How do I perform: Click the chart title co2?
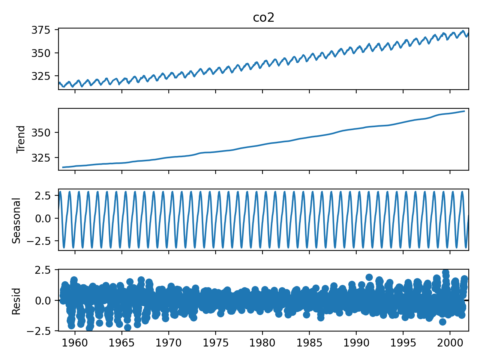(264, 18)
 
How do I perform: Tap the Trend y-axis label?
(21, 139)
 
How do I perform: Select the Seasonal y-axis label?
(16, 220)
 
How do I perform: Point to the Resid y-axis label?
(16, 301)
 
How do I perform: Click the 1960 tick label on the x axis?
(75, 342)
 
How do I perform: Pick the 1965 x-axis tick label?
(121, 342)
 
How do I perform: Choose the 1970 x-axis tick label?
(168, 342)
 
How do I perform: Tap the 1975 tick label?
(215, 342)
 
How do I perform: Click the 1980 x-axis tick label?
(262, 342)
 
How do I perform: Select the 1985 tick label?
(309, 342)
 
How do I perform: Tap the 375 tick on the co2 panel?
(43, 30)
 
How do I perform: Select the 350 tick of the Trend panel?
(43, 133)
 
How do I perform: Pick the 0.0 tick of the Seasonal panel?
(46, 218)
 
